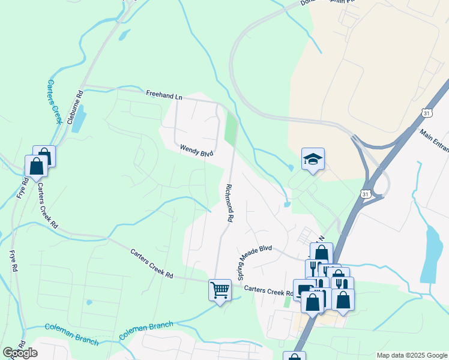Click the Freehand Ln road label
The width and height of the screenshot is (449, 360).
[164, 95]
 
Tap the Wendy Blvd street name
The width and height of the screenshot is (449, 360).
[197, 151]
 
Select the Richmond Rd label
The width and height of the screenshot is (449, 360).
[228, 203]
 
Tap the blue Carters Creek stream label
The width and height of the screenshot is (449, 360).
[55, 101]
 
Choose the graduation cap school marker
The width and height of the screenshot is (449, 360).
[313, 159]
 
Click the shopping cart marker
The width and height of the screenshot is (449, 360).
[220, 290]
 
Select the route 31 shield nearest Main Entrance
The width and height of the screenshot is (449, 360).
[426, 113]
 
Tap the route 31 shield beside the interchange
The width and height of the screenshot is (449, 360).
[366, 194]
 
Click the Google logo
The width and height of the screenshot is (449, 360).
[20, 353]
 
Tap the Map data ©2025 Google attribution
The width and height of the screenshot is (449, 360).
[412, 355]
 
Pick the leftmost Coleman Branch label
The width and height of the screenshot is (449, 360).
[71, 334]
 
